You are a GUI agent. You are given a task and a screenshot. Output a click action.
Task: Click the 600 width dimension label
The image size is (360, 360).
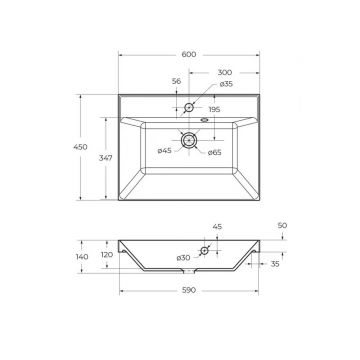point(189,55)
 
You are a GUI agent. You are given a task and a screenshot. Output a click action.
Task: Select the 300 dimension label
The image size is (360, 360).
point(225,72)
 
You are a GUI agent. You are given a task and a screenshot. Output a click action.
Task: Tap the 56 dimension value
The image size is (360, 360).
point(176,81)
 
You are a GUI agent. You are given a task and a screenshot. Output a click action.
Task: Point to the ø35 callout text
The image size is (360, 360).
point(226,84)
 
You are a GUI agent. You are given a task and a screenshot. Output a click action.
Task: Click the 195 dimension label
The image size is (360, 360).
point(214,109)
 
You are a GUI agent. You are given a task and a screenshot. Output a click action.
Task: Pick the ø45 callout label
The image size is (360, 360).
point(164,151)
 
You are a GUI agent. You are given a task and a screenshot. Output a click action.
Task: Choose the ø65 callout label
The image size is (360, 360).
point(214,153)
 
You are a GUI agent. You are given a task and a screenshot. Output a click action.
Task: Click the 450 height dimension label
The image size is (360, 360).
point(80,147)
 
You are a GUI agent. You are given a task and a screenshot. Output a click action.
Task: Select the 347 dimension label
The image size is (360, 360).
point(105,158)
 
